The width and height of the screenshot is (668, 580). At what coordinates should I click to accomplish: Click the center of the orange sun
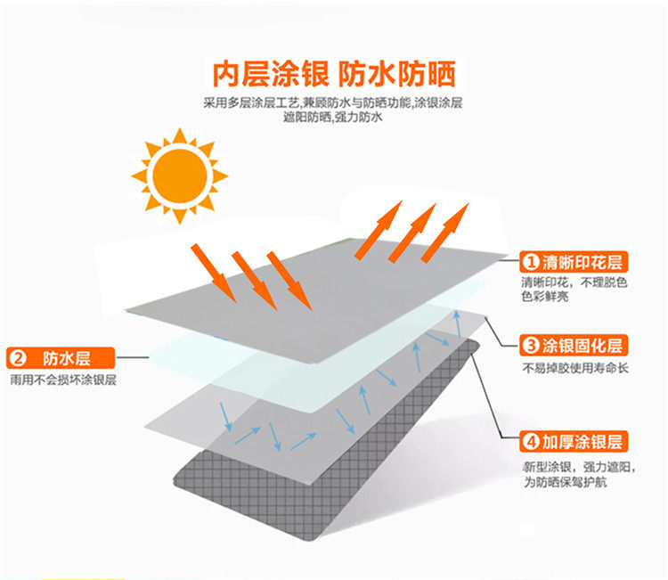[x=180, y=176]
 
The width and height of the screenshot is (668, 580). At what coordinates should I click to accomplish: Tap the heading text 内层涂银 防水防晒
[x=334, y=74]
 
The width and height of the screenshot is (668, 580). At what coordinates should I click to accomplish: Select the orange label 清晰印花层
[x=574, y=262]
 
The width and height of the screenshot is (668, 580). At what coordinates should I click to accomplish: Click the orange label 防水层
[x=61, y=358]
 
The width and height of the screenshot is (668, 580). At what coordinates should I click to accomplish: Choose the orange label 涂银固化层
[x=574, y=345]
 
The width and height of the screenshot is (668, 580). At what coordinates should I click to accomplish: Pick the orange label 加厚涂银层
[x=574, y=442]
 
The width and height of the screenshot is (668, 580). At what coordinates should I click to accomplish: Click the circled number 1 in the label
[x=531, y=262]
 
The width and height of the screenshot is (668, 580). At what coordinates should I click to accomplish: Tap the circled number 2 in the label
[x=18, y=358]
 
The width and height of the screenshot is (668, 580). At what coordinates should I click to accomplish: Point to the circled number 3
[x=531, y=346]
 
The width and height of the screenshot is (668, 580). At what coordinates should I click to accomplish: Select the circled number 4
[x=531, y=442]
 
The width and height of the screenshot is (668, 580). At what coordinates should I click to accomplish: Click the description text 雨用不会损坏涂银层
[x=63, y=380]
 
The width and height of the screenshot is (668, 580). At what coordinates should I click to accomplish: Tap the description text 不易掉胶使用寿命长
[x=575, y=368]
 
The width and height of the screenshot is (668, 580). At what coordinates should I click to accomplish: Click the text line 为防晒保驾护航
[x=566, y=482]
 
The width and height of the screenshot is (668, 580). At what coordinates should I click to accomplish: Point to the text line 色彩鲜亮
[x=545, y=296]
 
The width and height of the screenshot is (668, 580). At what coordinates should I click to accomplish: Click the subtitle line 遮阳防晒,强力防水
[x=333, y=117]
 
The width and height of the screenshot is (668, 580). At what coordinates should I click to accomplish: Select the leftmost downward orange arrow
[x=213, y=273]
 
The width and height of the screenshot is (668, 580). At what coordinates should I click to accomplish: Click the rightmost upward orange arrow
[x=445, y=233]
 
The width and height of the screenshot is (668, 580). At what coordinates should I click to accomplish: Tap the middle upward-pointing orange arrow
[x=412, y=233]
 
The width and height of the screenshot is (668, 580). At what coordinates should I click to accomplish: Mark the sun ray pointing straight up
[x=180, y=135]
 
